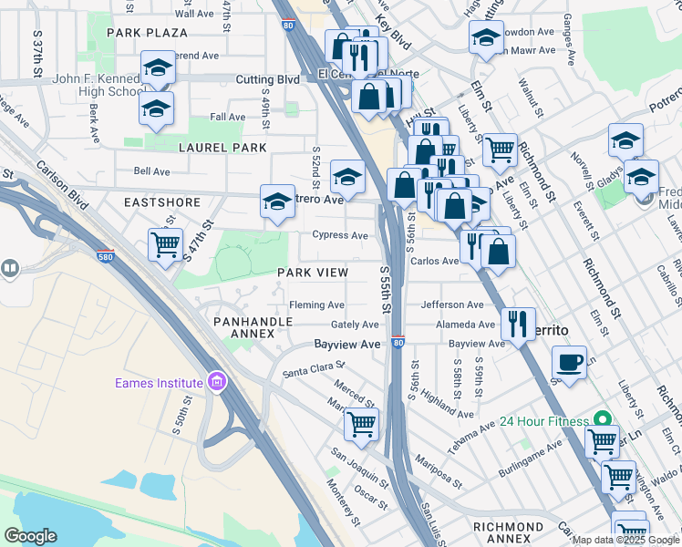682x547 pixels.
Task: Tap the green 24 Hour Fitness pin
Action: click(601, 421)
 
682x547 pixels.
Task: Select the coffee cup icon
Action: click(569, 361)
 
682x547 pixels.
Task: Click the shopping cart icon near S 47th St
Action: click(165, 244)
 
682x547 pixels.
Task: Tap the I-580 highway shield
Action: click(105, 256)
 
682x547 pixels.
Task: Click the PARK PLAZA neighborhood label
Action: click(147, 33)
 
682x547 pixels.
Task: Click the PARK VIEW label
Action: click(313, 273)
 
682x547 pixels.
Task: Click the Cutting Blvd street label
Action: click(268, 80)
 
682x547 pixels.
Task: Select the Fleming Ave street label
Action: click(316, 304)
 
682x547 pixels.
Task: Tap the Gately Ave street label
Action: click(355, 325)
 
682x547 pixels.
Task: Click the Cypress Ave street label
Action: click(340, 235)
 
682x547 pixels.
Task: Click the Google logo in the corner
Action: click(31, 536)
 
